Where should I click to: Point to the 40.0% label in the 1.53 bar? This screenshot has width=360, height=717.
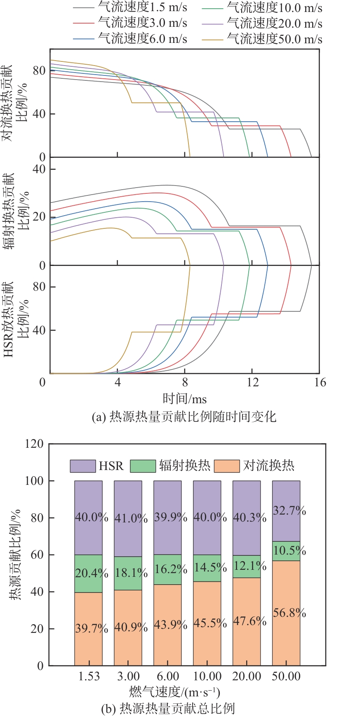click(x=91, y=517)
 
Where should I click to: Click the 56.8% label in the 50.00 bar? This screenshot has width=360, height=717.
click(x=289, y=613)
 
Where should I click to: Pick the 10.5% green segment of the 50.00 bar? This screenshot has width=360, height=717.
click(x=286, y=551)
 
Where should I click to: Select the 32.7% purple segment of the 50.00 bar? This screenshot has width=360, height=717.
click(x=286, y=511)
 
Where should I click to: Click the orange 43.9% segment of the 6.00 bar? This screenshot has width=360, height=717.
click(x=167, y=625)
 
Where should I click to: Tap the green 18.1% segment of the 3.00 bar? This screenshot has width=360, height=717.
click(x=128, y=573)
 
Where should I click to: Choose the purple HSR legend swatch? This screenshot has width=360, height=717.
click(x=83, y=466)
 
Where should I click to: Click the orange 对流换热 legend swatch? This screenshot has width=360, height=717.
click(x=226, y=466)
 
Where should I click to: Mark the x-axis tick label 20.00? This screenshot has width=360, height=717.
click(x=247, y=676)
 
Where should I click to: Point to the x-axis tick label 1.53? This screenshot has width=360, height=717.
click(x=89, y=676)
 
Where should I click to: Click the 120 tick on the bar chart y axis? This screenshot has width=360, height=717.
click(x=34, y=444)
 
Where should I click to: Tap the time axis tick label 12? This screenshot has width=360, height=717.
click(x=252, y=382)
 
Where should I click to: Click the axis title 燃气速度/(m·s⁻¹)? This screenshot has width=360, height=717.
click(x=175, y=691)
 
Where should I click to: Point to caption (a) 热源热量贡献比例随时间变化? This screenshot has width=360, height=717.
click(x=184, y=416)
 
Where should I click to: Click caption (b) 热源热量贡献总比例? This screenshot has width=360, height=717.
click(x=168, y=708)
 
